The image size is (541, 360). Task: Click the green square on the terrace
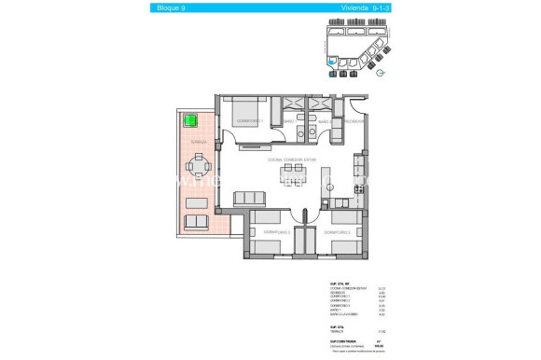tap(191, 120)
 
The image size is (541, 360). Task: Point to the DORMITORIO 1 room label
tap(248, 121)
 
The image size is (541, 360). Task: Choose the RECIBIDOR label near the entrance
tap(354, 121)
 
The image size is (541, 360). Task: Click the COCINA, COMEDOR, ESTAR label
tap(293, 159)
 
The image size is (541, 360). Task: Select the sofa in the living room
tap(250, 197)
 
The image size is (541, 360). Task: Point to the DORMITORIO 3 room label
tap(277, 231)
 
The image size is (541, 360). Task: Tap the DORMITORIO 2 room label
tap(337, 231)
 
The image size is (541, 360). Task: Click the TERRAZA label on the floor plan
tap(197, 142)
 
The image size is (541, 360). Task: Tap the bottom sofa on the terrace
tap(198, 221)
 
